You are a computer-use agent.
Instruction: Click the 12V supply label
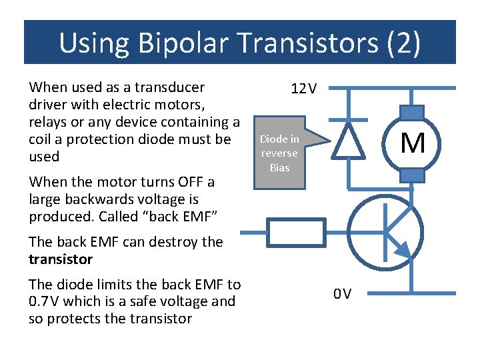click(304, 89)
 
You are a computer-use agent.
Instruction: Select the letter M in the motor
click(413, 143)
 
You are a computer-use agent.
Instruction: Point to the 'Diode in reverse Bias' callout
click(280, 153)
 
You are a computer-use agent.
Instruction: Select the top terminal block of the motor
click(413, 113)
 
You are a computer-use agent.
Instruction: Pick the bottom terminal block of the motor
click(413, 175)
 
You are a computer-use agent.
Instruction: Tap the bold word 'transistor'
click(61, 259)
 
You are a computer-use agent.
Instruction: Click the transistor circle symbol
click(385, 231)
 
